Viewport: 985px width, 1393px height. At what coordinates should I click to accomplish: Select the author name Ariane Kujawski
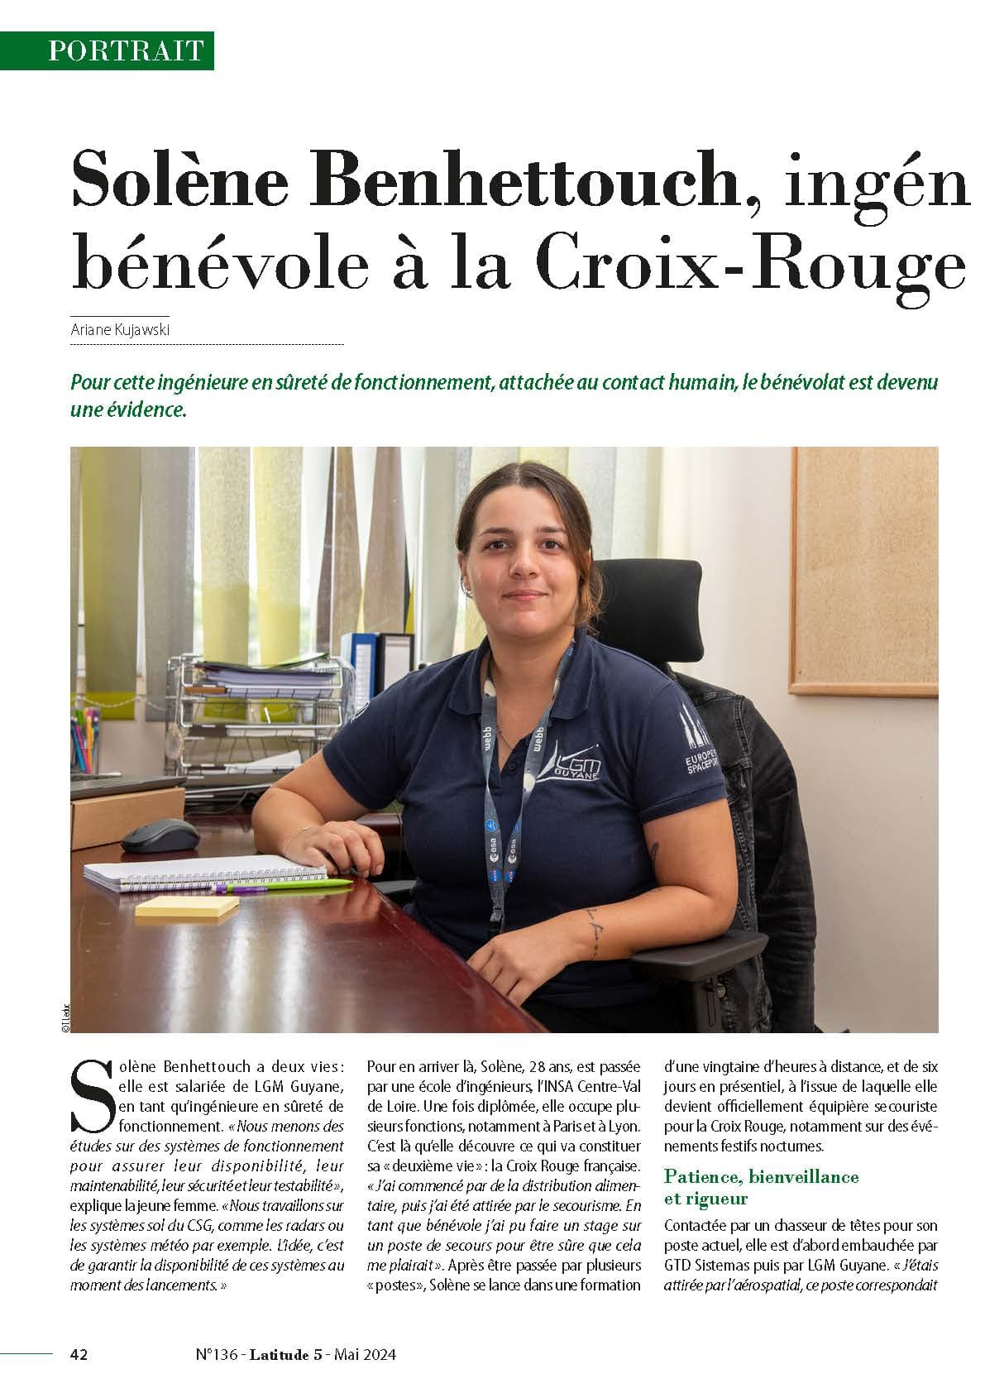point(121,330)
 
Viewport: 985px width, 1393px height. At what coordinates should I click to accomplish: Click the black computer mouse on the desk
point(160,835)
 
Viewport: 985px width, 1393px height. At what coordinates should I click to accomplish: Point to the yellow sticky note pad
point(187,907)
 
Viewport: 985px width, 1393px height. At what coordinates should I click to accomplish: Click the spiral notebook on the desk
point(207,873)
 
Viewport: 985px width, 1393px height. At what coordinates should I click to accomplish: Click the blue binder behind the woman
point(365,670)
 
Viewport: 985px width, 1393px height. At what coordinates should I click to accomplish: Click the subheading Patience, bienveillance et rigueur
point(761,1187)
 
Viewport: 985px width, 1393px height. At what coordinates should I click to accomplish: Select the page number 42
point(79,1354)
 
